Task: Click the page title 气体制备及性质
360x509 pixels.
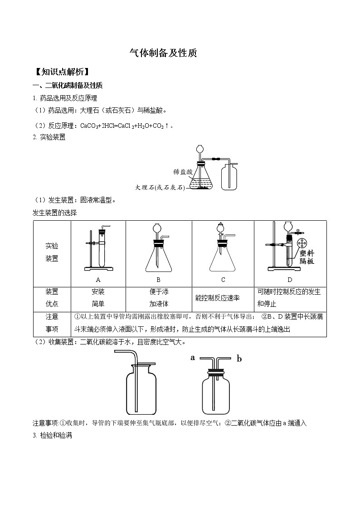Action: [163, 53]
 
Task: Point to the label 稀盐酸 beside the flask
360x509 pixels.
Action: [183, 172]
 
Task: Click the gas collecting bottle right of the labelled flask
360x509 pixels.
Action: [229, 177]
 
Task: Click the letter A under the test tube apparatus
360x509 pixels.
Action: [98, 280]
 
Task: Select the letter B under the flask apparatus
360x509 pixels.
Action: [158, 280]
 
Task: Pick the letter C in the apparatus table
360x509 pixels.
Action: [223, 280]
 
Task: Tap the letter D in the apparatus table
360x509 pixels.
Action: [290, 280]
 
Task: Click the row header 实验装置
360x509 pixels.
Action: [52, 252]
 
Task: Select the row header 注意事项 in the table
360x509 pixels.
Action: [52, 323]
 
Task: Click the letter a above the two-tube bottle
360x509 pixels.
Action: [193, 358]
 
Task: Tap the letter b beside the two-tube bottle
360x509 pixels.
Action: [239, 359]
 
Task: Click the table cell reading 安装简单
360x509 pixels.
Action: [98, 298]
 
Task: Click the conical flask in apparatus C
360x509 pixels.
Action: [223, 261]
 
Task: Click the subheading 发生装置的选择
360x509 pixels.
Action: [55, 212]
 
